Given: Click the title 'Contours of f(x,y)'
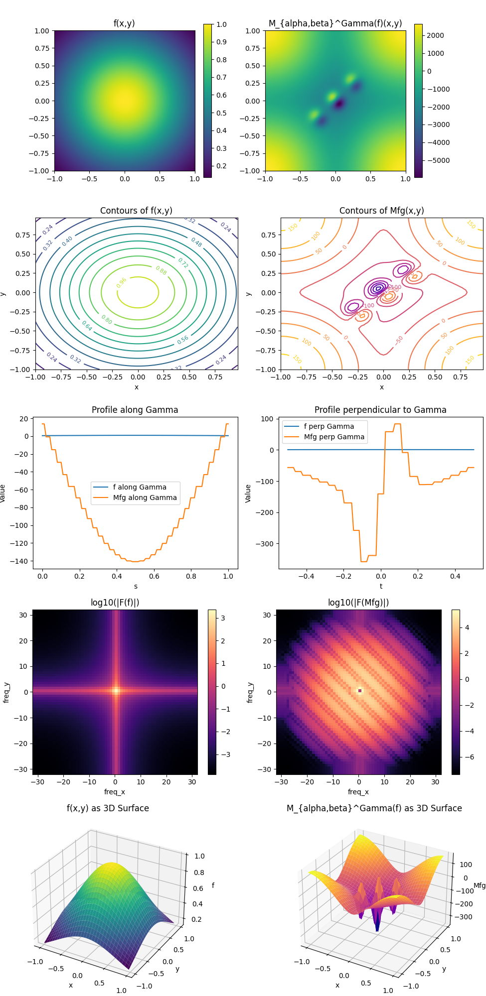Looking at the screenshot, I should tap(136, 211).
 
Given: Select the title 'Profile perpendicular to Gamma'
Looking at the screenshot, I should tap(380, 410).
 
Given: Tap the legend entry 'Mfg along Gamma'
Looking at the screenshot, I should tap(145, 498).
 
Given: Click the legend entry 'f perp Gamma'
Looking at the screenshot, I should tap(328, 426).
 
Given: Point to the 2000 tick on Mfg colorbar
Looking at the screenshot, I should tap(435, 35).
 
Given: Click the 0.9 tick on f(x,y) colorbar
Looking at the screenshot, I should tap(221, 42).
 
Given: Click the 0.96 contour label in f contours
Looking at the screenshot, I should tap(122, 282).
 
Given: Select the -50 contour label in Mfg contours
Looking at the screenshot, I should tap(399, 340).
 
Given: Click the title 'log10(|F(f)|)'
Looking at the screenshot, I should tap(115, 603).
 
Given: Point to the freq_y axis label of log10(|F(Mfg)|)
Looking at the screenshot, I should tap(250, 692).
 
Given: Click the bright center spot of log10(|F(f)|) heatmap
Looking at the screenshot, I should tap(116, 690).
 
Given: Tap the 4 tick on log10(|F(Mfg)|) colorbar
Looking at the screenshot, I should tap(467, 627).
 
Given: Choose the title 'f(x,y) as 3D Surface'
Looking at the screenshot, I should tap(108, 808).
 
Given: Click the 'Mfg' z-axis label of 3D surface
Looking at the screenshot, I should tap(479, 885).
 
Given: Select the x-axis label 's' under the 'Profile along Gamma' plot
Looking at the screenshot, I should tap(136, 586).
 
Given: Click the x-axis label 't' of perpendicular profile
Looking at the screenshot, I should tap(381, 586).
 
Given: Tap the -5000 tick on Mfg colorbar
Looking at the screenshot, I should tap(438, 160).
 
